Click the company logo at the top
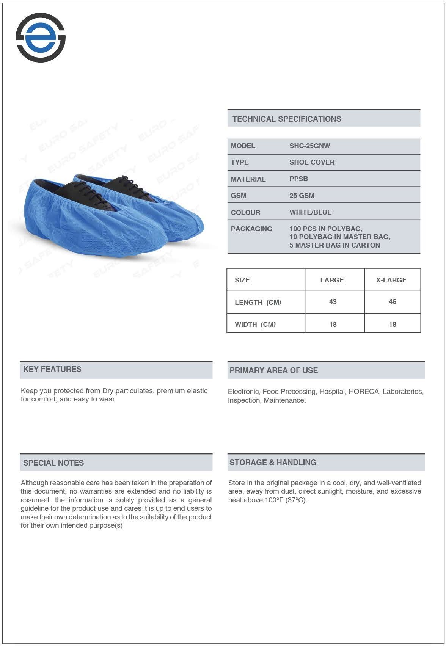pos(41,38)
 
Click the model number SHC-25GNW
pos(309,146)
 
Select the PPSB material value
pos(298,179)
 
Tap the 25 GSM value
pos(302,196)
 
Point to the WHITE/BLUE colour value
pos(310,212)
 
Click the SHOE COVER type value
pos(312,162)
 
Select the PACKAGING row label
pos(251,229)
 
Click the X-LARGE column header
pos(391,280)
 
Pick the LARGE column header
pos(332,280)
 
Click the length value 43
pos(333,302)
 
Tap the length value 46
pos(393,302)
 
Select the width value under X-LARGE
pos(393,325)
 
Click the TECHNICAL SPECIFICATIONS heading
pos(287,119)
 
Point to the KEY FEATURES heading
pos(52,369)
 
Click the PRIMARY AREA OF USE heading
pos(273,370)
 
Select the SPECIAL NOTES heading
pos(53,463)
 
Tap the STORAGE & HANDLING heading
pos(273,463)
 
